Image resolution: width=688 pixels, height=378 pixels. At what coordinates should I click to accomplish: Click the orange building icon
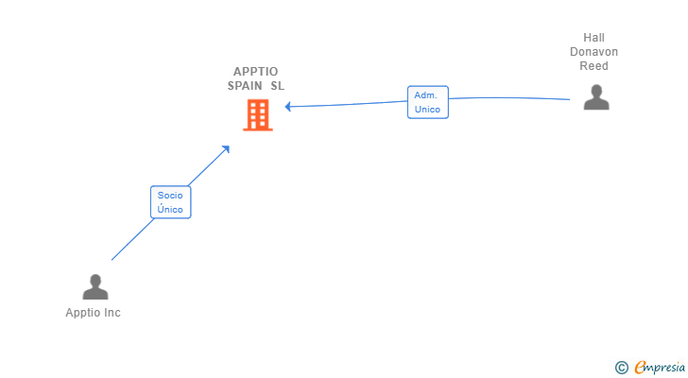257,115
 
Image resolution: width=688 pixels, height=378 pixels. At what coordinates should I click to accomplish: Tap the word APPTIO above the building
256,72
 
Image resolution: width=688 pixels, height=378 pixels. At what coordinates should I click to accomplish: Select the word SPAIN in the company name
245,86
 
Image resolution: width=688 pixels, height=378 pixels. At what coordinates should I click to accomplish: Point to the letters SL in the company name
277,86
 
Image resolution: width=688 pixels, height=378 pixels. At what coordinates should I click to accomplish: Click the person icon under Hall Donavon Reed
596,97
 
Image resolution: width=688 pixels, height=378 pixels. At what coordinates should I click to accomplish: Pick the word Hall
594,38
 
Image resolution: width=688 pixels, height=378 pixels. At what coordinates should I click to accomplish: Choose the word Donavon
594,52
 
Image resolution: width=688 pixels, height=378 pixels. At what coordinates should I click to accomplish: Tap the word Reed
594,66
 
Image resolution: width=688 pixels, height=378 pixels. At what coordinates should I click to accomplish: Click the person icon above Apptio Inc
95,287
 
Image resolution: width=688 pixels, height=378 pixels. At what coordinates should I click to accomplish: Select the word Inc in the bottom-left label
112,313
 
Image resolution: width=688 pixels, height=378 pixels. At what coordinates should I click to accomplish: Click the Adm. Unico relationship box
428,102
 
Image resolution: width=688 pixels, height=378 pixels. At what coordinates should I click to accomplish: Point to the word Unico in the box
427,110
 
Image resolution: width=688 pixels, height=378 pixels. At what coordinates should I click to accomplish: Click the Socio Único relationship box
170,202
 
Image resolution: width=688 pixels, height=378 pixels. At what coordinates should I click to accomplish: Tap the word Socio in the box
170,195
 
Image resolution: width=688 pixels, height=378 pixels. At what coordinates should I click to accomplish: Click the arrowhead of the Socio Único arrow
226,149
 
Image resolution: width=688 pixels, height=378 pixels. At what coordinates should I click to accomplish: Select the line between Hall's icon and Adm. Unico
510,97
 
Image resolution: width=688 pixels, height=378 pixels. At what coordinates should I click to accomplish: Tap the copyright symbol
621,368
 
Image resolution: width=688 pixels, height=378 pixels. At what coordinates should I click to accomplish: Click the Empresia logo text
661,368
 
